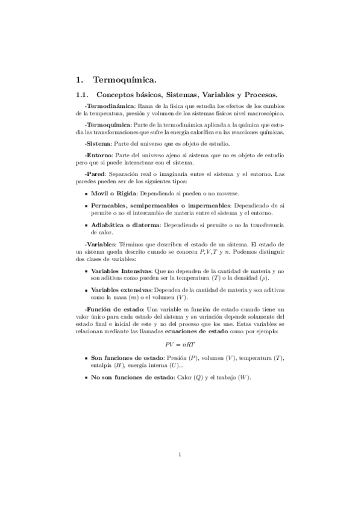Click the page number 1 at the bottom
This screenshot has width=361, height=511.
180,454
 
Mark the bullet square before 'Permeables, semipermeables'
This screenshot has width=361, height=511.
86,206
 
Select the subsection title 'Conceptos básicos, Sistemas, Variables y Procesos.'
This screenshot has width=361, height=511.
187,95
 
